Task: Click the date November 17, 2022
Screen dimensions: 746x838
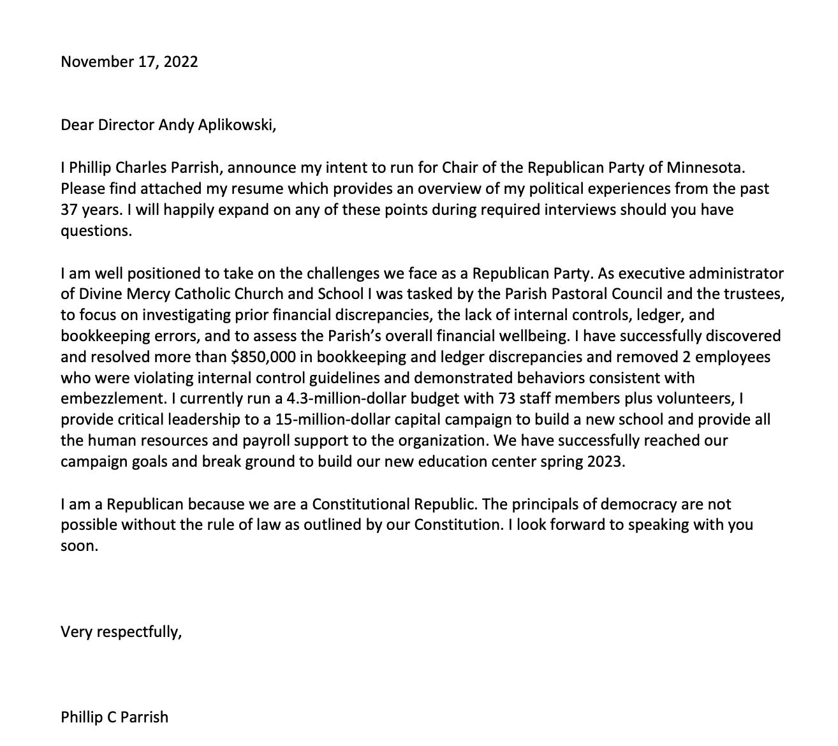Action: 129,62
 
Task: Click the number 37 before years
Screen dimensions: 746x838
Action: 69,210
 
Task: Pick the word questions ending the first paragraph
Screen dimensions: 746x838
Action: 96,231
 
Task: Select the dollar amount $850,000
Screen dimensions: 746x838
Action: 263,356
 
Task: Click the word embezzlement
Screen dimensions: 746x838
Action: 112,399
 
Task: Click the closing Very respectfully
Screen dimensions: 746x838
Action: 121,632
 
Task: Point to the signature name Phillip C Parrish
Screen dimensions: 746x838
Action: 115,717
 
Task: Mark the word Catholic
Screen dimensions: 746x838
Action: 202,294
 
